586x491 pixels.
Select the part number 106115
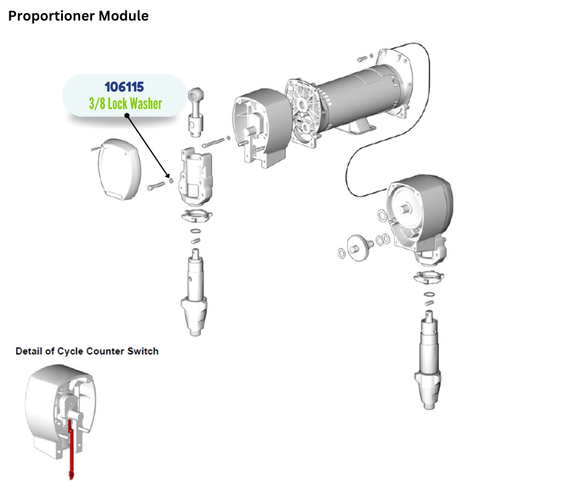coord(125,87)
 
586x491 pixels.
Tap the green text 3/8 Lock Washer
coord(125,103)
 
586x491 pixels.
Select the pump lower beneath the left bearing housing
coord(196,293)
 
